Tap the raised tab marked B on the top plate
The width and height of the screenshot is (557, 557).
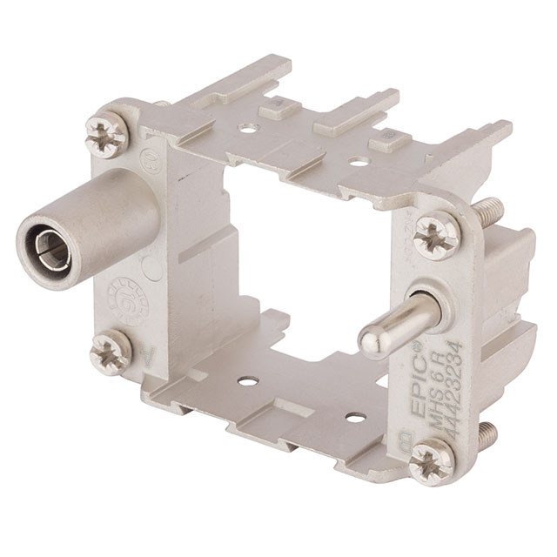380,139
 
